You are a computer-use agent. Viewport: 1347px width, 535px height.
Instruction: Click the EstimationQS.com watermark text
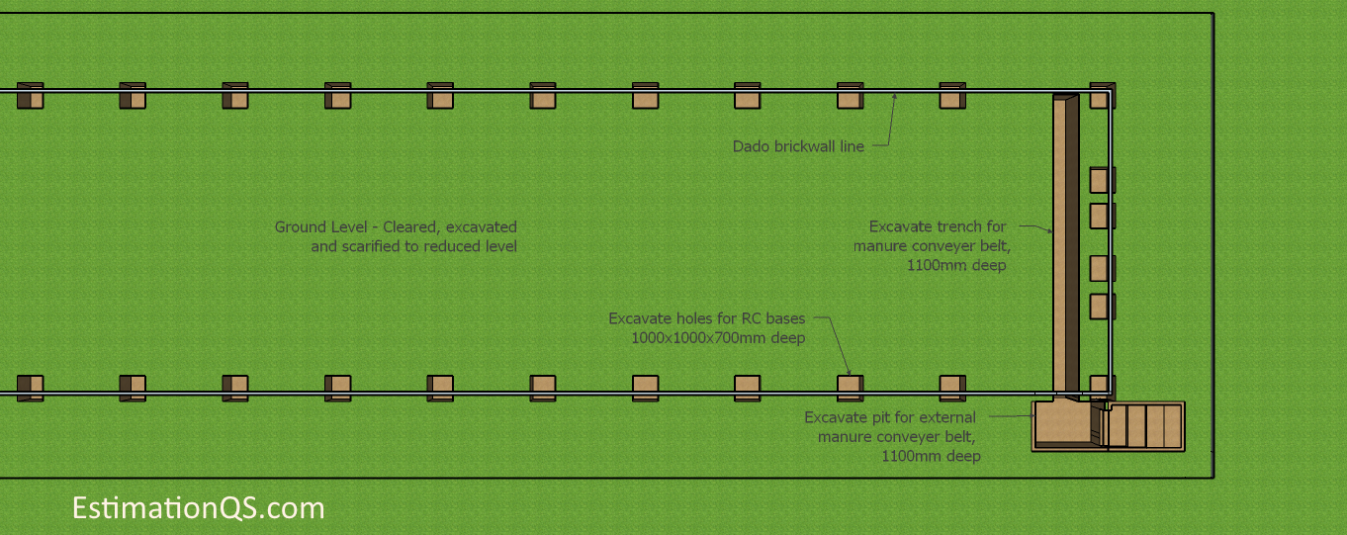tap(199, 508)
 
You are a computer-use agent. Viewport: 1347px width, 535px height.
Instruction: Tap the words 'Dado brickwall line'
tap(798, 146)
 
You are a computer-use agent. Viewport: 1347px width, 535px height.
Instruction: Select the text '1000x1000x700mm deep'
tap(718, 338)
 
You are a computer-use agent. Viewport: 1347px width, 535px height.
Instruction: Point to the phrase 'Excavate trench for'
tap(937, 226)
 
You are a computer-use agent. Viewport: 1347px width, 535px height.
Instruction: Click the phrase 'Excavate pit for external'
tap(890, 417)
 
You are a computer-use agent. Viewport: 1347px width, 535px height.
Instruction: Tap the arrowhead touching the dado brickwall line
tap(894, 96)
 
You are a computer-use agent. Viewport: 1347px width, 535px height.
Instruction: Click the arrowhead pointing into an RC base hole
tap(849, 372)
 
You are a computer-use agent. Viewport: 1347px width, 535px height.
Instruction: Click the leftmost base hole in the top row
tap(30, 96)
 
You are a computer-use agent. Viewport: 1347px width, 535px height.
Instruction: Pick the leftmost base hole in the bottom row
tap(30, 389)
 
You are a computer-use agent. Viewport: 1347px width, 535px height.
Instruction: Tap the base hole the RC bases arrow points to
tap(851, 389)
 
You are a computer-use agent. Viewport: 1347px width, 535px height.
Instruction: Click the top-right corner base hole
tap(1103, 96)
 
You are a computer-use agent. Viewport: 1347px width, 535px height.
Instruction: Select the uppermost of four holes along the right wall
tap(1103, 180)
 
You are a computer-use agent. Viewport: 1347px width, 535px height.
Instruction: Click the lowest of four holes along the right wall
tap(1103, 307)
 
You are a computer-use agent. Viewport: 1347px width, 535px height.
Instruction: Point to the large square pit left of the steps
tap(1062, 424)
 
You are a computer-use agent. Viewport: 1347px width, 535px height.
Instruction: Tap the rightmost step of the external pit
tap(1173, 426)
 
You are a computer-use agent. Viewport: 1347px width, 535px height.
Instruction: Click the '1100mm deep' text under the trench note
tap(956, 265)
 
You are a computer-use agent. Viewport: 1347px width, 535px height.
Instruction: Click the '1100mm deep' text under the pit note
tap(931, 456)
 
